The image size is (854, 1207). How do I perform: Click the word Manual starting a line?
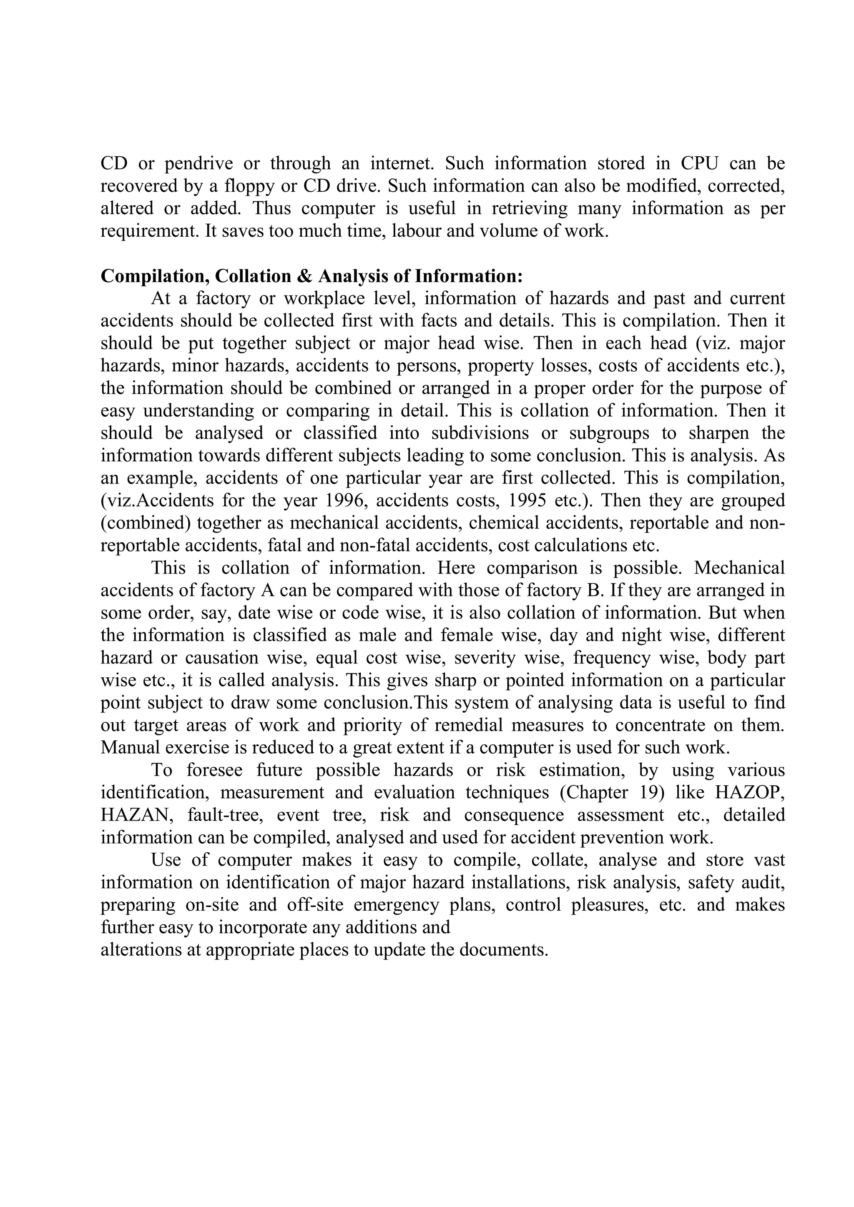tap(128, 748)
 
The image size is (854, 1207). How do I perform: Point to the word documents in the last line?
tap(503, 950)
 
